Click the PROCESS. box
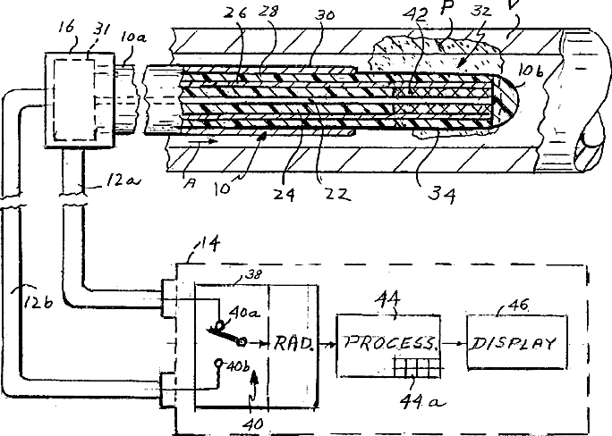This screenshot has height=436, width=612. coord(388,342)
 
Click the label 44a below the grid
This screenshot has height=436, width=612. coord(420,403)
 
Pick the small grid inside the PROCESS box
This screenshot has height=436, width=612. coord(419,368)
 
